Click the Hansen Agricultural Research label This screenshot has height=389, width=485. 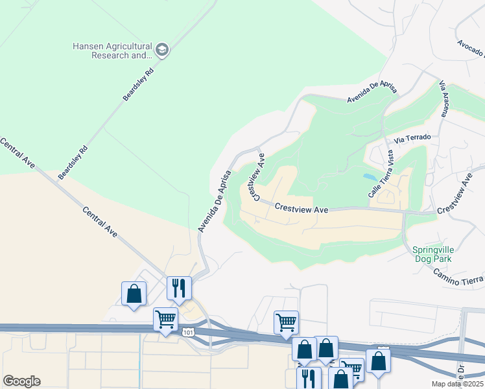click(112, 51)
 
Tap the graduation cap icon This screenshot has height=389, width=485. click(161, 50)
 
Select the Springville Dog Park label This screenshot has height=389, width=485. click(431, 253)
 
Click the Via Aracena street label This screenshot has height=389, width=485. click(444, 99)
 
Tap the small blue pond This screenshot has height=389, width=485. click(369, 176)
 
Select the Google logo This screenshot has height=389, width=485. click(21, 381)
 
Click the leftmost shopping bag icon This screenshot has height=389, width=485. click(134, 294)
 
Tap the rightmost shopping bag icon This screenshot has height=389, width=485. click(377, 360)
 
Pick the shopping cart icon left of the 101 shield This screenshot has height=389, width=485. click(165, 319)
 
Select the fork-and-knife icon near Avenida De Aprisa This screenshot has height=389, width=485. click(178, 287)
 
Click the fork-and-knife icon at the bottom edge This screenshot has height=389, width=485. click(308, 377)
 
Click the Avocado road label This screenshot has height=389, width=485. click(470, 46)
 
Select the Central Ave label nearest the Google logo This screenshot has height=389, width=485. click(18, 154)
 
